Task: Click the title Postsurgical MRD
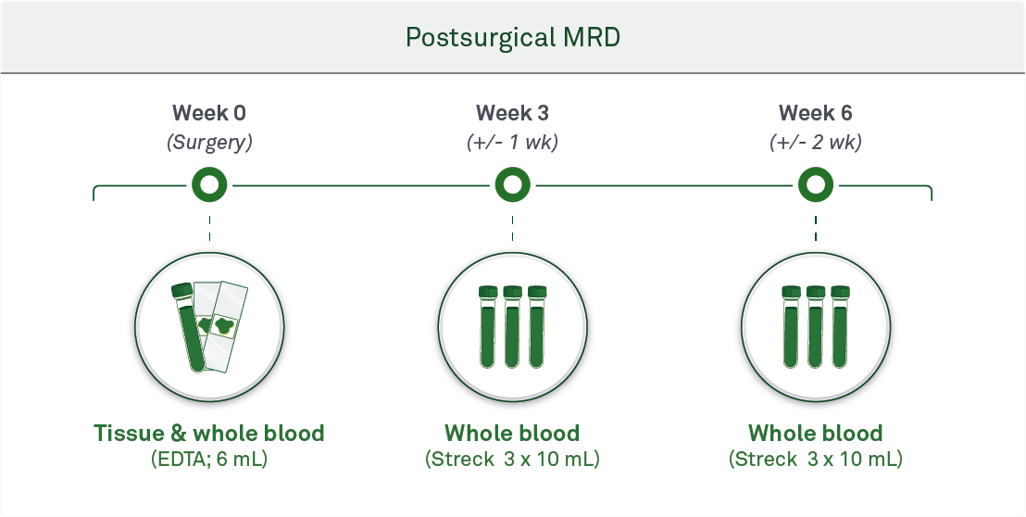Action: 512,38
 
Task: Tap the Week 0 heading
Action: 209,113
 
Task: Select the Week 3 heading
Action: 512,113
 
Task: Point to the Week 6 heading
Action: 815,113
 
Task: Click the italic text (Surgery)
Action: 209,143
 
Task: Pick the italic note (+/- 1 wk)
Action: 512,143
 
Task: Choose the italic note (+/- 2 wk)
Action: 815,143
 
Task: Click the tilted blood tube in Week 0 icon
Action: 189,327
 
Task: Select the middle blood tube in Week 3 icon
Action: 512,326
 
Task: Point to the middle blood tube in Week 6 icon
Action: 815,326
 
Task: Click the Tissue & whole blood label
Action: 209,434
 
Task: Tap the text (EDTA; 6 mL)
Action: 209,460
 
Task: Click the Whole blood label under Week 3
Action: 512,434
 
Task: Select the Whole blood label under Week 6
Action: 815,434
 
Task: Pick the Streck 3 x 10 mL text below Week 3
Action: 512,460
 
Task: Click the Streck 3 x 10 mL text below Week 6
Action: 815,460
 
